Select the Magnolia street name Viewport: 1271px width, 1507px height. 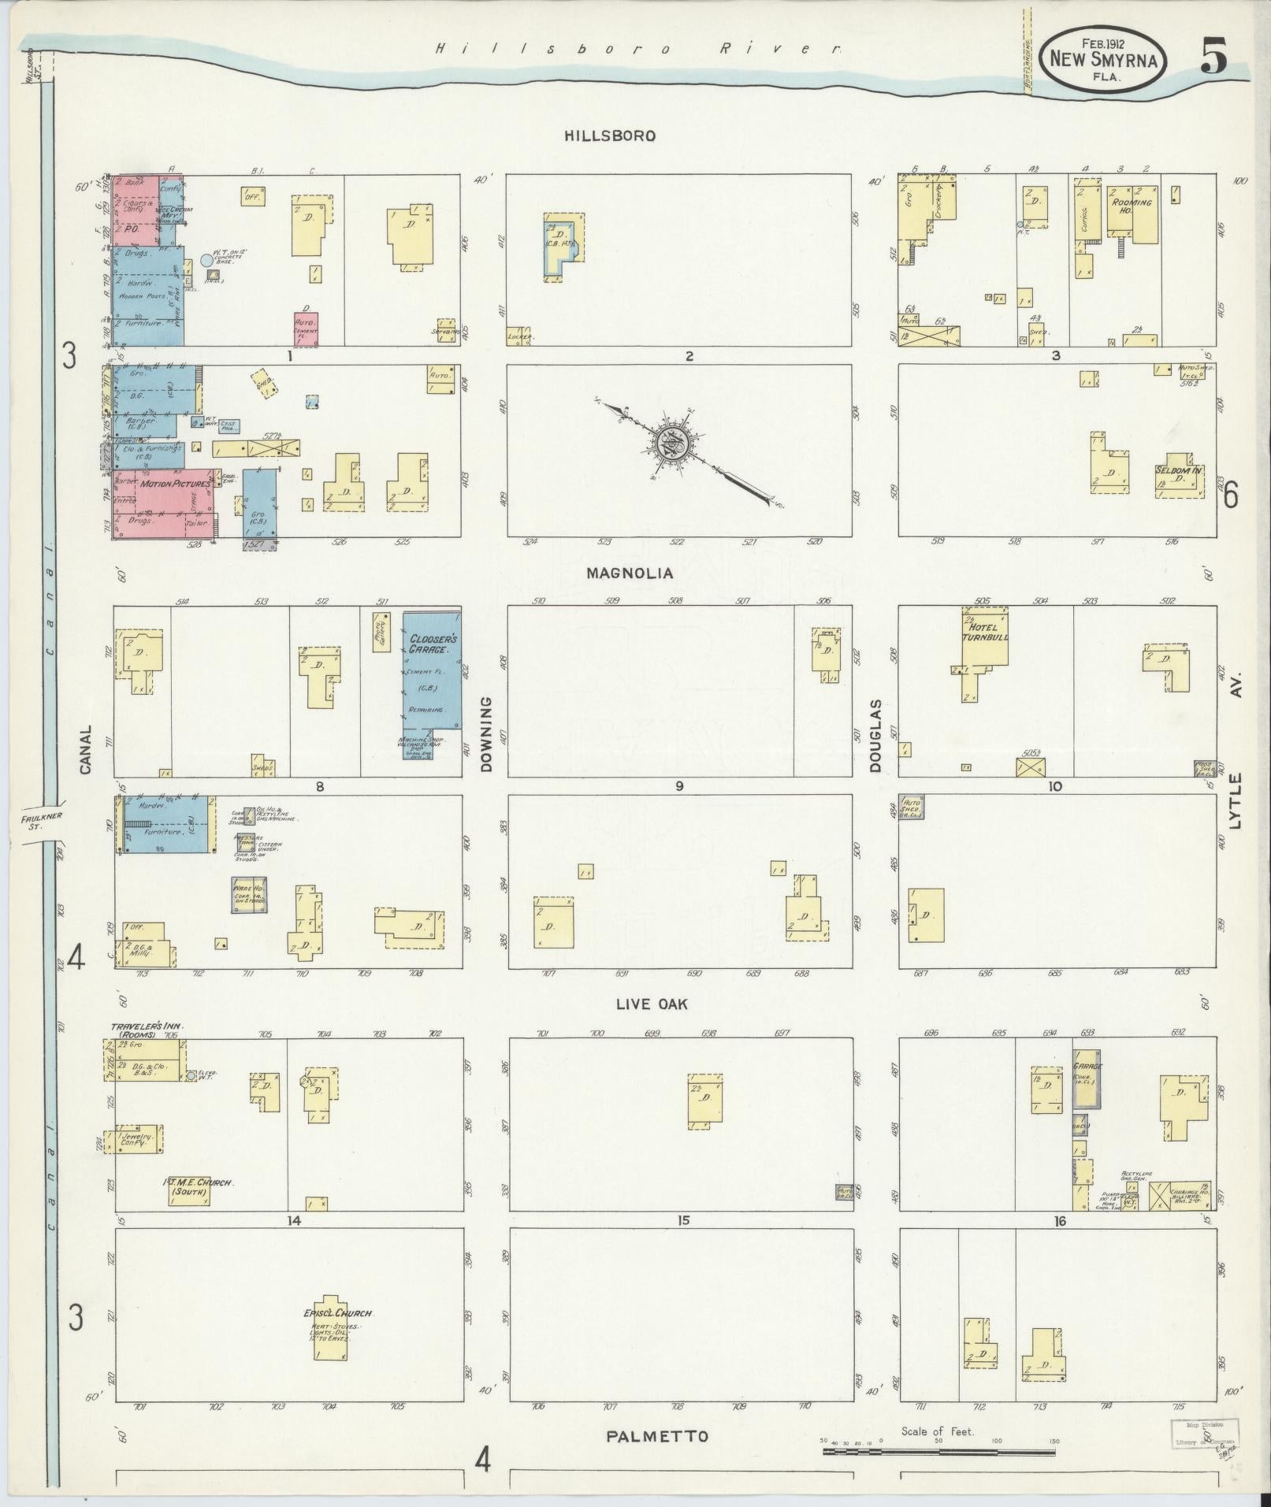pos(629,573)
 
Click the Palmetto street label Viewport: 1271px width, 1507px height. pos(657,1436)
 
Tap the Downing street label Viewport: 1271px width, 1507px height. pos(485,733)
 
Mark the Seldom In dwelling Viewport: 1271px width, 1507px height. pos(1180,477)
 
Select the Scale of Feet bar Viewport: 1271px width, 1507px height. pos(938,1449)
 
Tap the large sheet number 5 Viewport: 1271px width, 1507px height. pos(1214,58)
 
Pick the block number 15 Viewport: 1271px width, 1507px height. pos(682,1219)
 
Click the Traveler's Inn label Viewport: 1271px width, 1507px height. pos(147,1026)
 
